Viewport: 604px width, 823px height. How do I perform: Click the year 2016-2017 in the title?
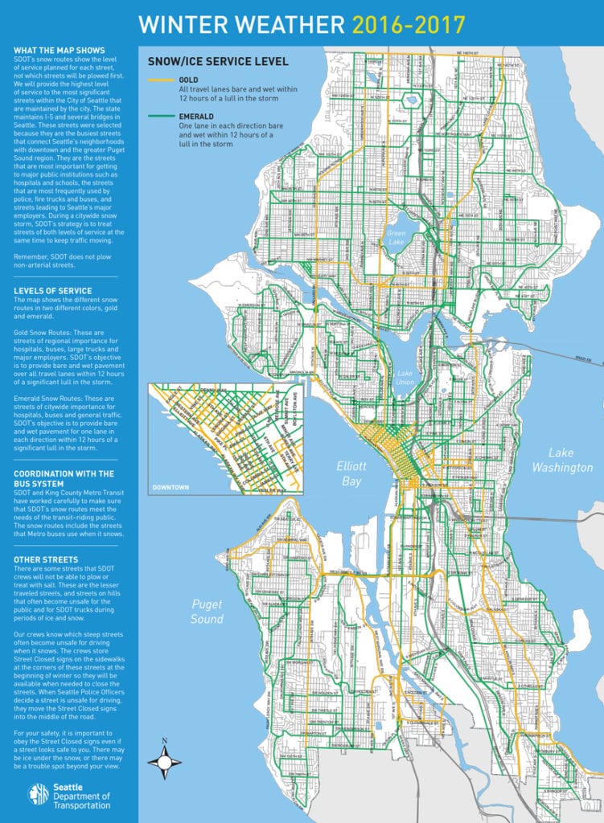409,24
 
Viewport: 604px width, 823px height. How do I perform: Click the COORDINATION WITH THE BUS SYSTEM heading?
64,479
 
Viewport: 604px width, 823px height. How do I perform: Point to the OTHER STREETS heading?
46,559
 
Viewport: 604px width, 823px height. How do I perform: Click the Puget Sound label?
207,611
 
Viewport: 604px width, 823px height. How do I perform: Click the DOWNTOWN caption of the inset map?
170,487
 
